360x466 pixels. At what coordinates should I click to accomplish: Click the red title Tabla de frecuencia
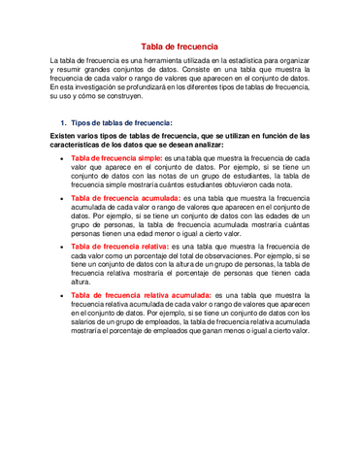180,47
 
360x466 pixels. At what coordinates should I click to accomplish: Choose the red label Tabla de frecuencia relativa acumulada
141,293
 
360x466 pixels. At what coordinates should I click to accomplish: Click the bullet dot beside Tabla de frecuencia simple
62,157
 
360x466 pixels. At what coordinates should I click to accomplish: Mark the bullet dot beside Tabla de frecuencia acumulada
62,199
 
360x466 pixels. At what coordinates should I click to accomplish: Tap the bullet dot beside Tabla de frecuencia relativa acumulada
62,294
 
